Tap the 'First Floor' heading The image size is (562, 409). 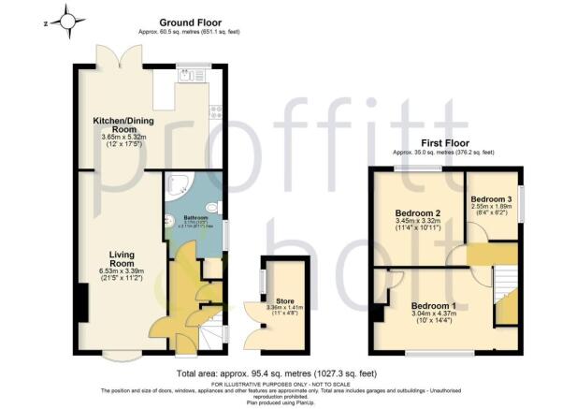(443, 143)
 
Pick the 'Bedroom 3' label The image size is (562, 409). (491, 199)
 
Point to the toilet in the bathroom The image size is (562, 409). (214, 208)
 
